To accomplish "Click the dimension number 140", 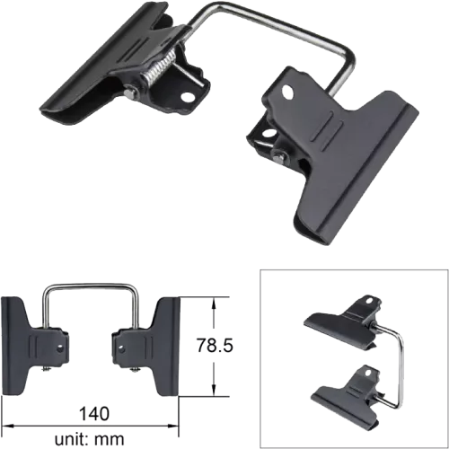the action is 94,413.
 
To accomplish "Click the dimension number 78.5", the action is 215,345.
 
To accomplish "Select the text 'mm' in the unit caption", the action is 110,439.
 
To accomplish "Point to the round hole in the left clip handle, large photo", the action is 187,97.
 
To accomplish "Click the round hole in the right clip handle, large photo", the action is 288,92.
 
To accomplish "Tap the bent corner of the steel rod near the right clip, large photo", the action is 350,57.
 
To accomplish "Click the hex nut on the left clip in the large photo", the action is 130,93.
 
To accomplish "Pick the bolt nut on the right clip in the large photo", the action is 278,156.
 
